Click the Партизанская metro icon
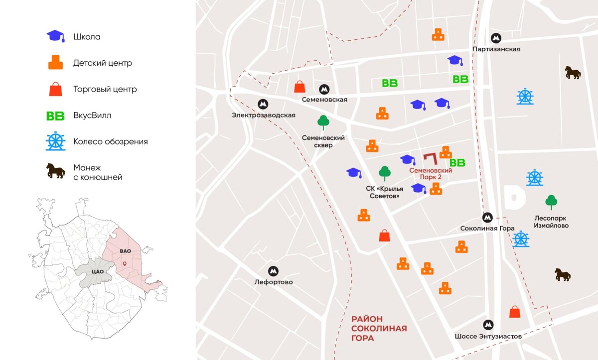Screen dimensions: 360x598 point(496,38)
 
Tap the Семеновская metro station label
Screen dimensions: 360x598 point(324,100)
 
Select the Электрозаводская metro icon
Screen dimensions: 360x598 point(263,104)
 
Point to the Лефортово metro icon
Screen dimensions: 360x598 point(273,271)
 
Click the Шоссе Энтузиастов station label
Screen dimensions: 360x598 point(488,336)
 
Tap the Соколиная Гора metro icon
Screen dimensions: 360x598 point(488,218)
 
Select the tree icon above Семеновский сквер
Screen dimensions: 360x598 point(323,122)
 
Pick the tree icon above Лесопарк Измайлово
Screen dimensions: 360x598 point(551,202)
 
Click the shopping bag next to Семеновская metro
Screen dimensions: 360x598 point(299,87)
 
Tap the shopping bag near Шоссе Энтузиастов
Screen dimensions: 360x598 point(515,312)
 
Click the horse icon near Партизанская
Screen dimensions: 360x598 point(573,73)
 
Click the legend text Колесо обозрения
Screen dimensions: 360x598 point(111,141)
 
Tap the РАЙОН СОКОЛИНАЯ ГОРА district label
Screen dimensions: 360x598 point(379,329)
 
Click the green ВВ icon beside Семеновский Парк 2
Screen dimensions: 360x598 point(457,163)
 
